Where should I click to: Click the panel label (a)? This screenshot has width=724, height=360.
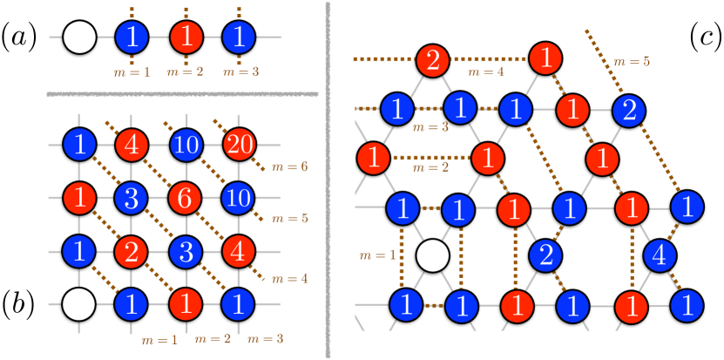tap(18, 37)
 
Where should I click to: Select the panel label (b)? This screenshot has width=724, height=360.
tap(18, 306)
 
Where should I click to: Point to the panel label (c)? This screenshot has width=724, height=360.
tap(701, 37)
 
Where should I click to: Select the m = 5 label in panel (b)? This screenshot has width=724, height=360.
tap(284, 221)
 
